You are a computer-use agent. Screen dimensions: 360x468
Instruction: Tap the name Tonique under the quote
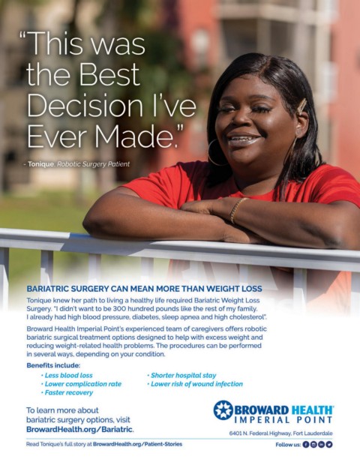click(x=41, y=164)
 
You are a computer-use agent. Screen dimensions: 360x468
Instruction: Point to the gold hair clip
click(x=301, y=106)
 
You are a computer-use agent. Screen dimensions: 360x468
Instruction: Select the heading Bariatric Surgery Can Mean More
click(x=144, y=289)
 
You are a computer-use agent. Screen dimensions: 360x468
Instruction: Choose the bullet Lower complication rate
click(x=81, y=384)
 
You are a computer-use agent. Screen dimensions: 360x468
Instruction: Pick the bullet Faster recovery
click(x=67, y=392)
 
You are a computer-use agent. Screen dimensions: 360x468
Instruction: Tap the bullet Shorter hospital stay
click(x=181, y=376)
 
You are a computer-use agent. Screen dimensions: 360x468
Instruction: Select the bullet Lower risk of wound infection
click(x=195, y=384)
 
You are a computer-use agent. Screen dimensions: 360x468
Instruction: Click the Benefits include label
click(x=53, y=365)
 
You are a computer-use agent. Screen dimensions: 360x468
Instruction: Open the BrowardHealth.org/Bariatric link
click(x=79, y=430)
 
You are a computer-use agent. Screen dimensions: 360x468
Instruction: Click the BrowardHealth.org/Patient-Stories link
click(x=137, y=444)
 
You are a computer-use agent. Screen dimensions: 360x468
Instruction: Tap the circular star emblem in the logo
click(x=223, y=410)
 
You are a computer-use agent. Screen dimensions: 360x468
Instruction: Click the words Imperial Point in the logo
click(x=283, y=420)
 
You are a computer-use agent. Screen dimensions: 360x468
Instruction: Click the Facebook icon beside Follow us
click(x=306, y=445)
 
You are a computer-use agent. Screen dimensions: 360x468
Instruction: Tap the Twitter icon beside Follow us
click(x=329, y=445)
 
